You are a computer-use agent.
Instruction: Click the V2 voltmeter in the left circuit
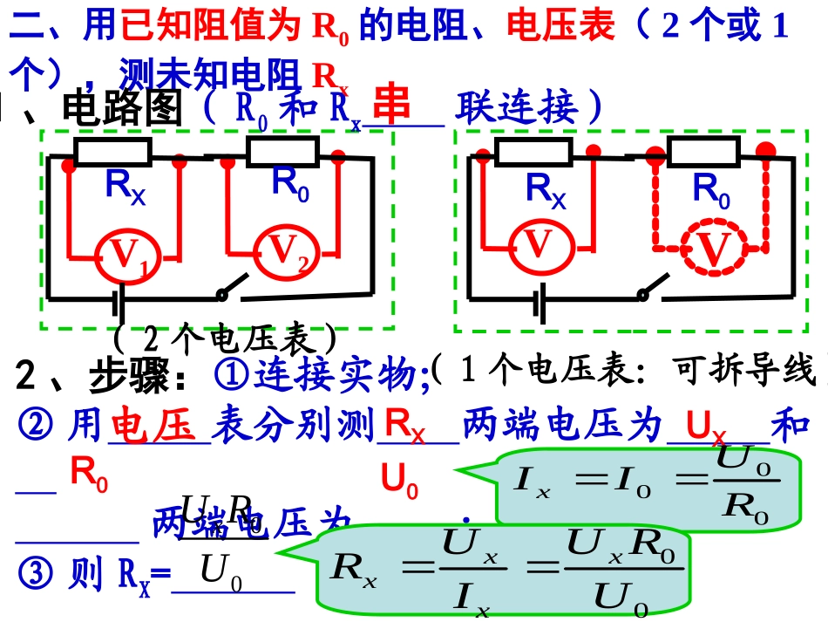(289, 252)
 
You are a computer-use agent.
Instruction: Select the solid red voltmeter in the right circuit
(540, 245)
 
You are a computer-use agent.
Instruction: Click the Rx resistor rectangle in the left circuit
(113, 153)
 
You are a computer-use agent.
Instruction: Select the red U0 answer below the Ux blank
(399, 482)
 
